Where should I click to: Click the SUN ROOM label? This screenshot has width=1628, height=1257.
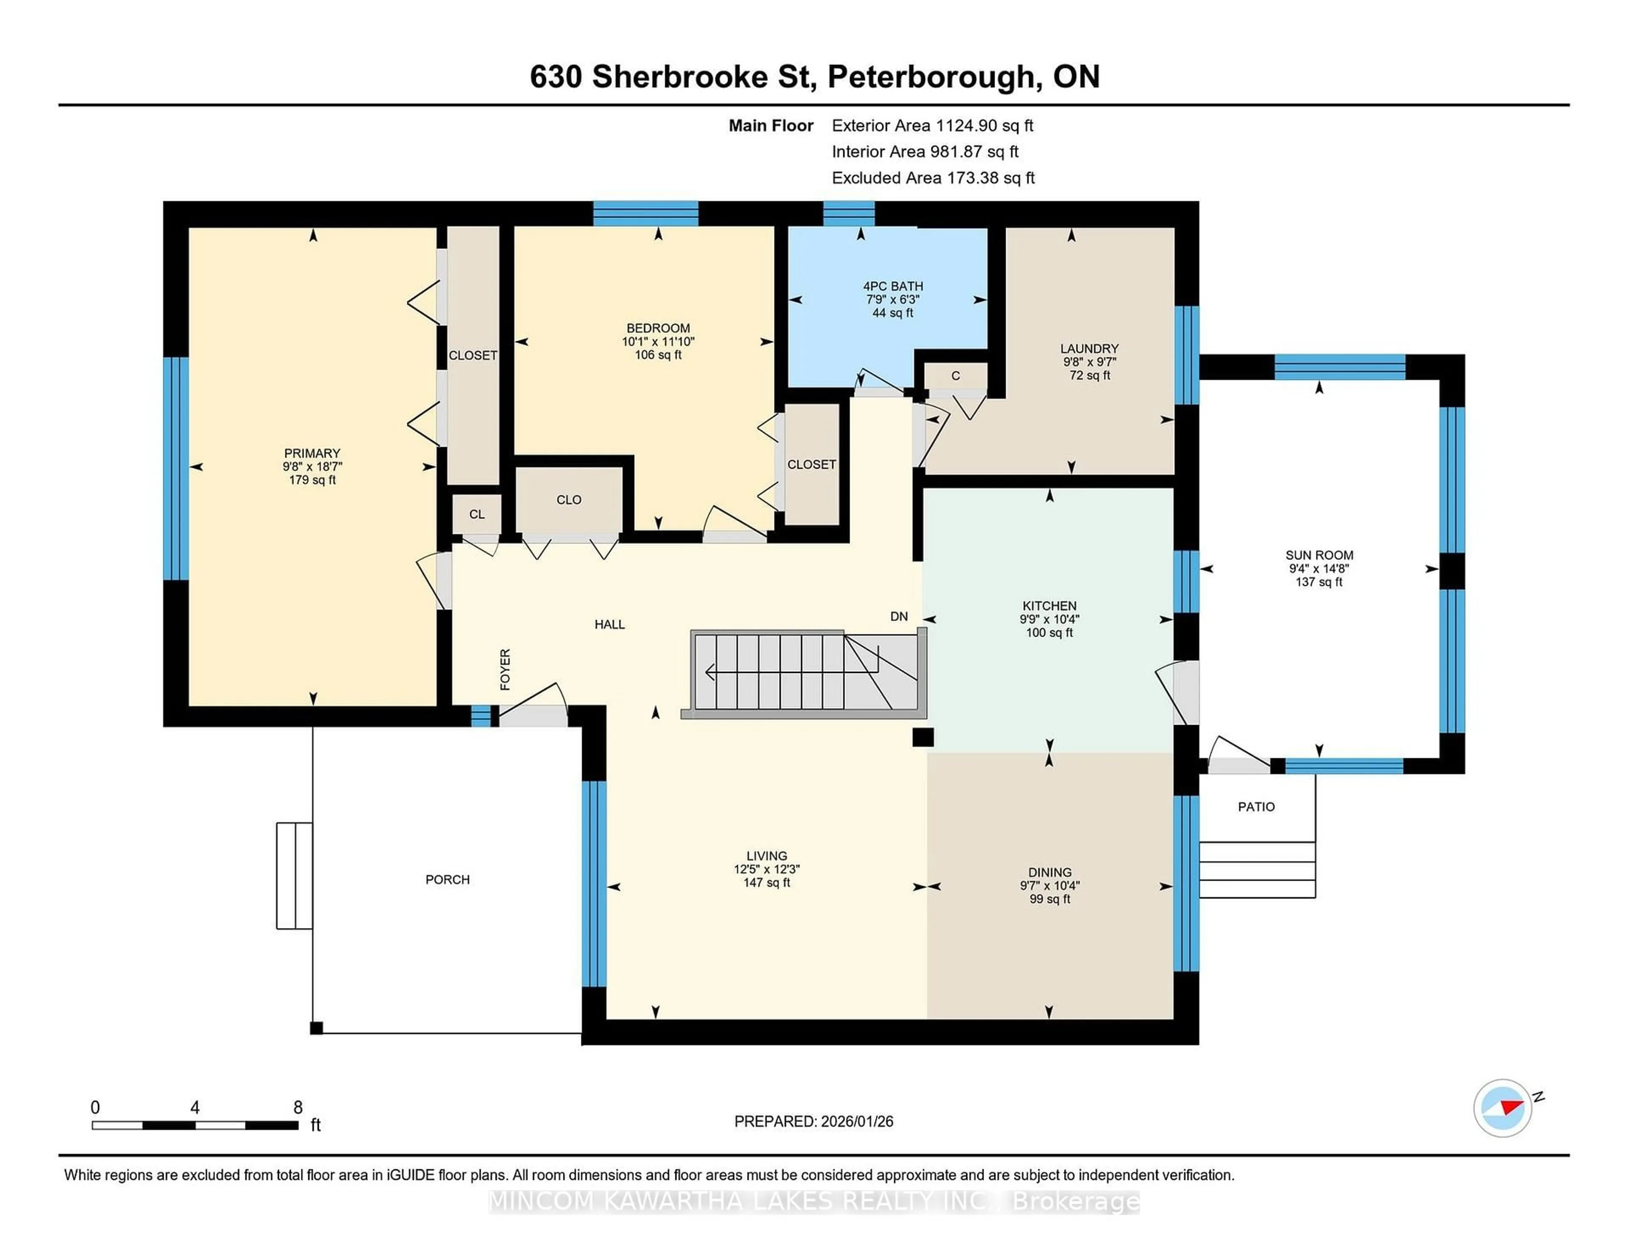click(1319, 555)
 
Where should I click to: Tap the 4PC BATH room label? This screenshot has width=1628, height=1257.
click(892, 286)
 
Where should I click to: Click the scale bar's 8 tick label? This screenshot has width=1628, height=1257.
click(298, 1107)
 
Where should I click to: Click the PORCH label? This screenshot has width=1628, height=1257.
click(447, 879)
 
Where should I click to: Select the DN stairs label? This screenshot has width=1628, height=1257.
click(899, 616)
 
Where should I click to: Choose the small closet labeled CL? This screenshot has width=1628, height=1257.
click(477, 514)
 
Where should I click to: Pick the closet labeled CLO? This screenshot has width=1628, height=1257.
click(569, 500)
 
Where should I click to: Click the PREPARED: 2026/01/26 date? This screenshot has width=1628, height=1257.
click(813, 1121)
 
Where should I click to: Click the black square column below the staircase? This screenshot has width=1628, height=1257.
click(923, 737)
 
